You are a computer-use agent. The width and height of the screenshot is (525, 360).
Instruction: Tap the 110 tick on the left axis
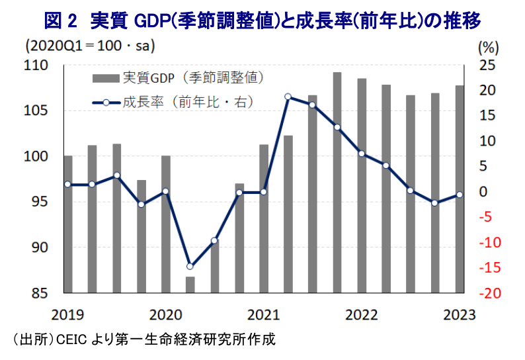38,66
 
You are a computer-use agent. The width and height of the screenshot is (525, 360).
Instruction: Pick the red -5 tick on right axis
488,217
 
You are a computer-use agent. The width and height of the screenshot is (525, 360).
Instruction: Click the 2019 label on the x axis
67,314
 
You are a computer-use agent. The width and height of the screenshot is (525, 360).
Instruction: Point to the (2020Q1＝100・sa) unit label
89,47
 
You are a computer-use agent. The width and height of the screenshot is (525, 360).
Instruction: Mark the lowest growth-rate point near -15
190,267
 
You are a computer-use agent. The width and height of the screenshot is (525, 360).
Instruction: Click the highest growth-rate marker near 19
288,97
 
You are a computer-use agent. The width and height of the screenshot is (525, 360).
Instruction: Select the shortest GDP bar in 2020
190,285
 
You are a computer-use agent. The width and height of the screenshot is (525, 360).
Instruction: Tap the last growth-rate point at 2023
460,195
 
